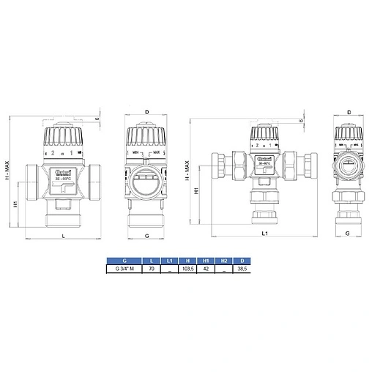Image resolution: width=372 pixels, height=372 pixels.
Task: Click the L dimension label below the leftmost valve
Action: pyautogui.click(x=63, y=235)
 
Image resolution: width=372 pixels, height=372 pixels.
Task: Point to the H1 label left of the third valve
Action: pyautogui.click(x=196, y=191)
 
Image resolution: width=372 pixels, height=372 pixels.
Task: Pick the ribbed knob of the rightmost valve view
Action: pyautogui.click(x=349, y=135)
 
